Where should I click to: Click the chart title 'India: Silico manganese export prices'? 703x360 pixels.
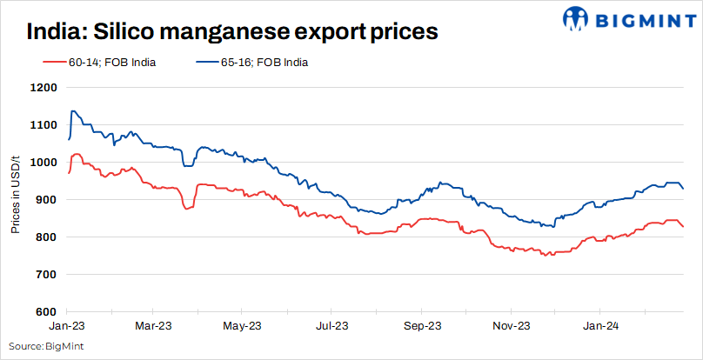(x=231, y=32)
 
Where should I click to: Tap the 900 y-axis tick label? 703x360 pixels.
(x=47, y=200)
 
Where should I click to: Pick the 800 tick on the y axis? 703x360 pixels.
(x=47, y=237)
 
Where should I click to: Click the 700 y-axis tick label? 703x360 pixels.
(x=47, y=275)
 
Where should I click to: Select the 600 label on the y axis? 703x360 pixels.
(x=47, y=312)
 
